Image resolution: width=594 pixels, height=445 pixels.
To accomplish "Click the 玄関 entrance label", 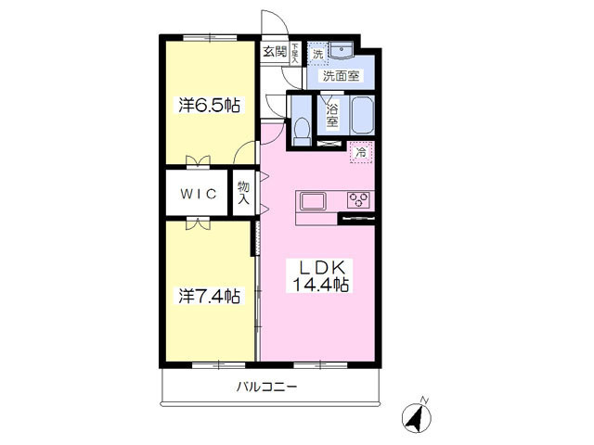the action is (275, 51).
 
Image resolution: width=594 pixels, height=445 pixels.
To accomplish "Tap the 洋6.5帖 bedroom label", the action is (209, 105).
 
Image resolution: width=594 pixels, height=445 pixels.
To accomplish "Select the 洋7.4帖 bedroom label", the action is (209, 297).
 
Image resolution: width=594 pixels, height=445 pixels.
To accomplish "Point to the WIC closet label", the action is (198, 194).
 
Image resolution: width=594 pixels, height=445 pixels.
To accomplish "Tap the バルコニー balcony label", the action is (266, 388).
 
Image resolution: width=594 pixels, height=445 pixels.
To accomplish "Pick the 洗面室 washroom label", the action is (341, 76).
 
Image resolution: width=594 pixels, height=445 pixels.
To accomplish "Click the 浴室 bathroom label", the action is (332, 116).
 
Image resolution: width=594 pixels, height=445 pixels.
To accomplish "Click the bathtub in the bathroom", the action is (363, 115).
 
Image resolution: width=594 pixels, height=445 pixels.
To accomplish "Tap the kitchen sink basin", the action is (313, 201).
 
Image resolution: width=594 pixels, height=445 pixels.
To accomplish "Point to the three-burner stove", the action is (358, 200).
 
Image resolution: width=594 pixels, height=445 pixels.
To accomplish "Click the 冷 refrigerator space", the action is (361, 152).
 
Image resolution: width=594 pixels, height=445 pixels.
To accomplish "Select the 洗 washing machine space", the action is (317, 54).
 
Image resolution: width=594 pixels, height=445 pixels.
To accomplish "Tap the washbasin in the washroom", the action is (342, 49).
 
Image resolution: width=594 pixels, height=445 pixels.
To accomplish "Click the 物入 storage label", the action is (243, 193).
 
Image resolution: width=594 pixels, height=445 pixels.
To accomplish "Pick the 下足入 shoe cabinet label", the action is (295, 53).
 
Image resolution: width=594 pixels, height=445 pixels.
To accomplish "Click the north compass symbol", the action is (417, 415).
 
